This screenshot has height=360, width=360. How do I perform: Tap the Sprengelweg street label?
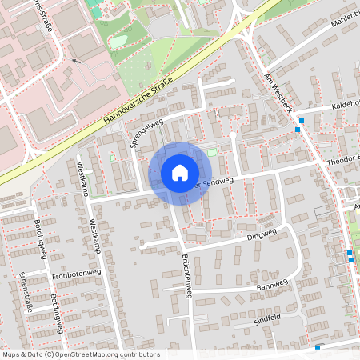click(x=146, y=133)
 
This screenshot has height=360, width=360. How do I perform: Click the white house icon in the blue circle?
click(x=180, y=173)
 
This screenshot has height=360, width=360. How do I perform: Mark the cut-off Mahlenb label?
click(x=342, y=30)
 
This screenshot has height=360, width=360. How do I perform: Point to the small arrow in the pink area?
click(x=76, y=60)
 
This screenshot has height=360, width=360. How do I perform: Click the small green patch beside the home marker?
click(x=212, y=153)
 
